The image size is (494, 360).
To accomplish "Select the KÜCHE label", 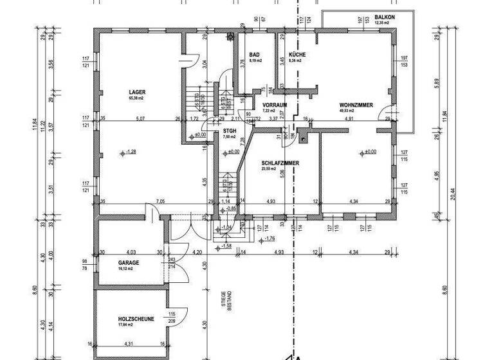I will pos(297,55).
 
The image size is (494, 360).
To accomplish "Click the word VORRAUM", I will pos(274,104).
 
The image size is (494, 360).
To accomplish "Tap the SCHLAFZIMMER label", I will pos(280,163).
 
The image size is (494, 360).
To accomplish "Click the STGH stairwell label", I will pos(230,130).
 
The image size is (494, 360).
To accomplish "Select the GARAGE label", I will pos(129,263).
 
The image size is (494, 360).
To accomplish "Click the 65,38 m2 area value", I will pos(136,98).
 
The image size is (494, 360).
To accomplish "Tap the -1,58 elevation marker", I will pos(226,246).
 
